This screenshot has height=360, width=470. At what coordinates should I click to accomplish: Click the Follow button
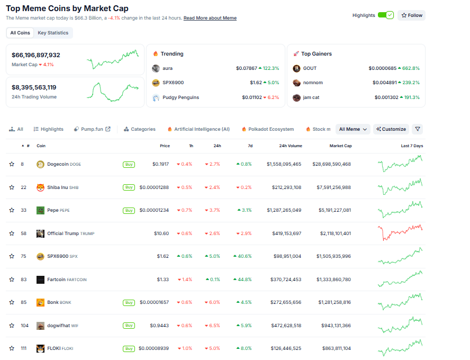(x=411, y=15)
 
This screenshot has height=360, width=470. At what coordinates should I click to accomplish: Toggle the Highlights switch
(x=385, y=15)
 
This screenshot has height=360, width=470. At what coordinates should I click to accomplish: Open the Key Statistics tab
(x=53, y=33)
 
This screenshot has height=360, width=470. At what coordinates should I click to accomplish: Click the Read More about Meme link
(x=210, y=18)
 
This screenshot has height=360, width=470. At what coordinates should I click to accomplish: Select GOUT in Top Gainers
(x=310, y=68)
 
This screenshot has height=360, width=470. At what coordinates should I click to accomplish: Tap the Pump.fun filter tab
(x=92, y=129)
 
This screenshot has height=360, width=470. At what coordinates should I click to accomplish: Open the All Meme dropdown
(x=352, y=129)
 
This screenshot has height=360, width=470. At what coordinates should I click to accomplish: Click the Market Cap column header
(x=340, y=146)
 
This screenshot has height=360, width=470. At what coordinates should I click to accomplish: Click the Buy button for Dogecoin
(x=129, y=164)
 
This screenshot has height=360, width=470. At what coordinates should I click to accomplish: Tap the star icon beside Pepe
(x=12, y=210)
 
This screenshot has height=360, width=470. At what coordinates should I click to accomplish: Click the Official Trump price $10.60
(x=162, y=233)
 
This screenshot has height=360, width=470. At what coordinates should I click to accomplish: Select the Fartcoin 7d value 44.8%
(x=243, y=280)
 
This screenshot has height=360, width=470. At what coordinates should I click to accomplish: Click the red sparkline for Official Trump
(x=400, y=232)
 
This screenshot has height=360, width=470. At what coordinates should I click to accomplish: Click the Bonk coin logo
(x=40, y=302)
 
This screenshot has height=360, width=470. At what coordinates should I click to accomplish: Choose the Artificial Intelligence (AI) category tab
(x=198, y=129)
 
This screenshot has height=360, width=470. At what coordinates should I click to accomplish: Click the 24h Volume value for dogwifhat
(x=284, y=326)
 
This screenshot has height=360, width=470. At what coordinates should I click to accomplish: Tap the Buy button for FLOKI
(x=129, y=348)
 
